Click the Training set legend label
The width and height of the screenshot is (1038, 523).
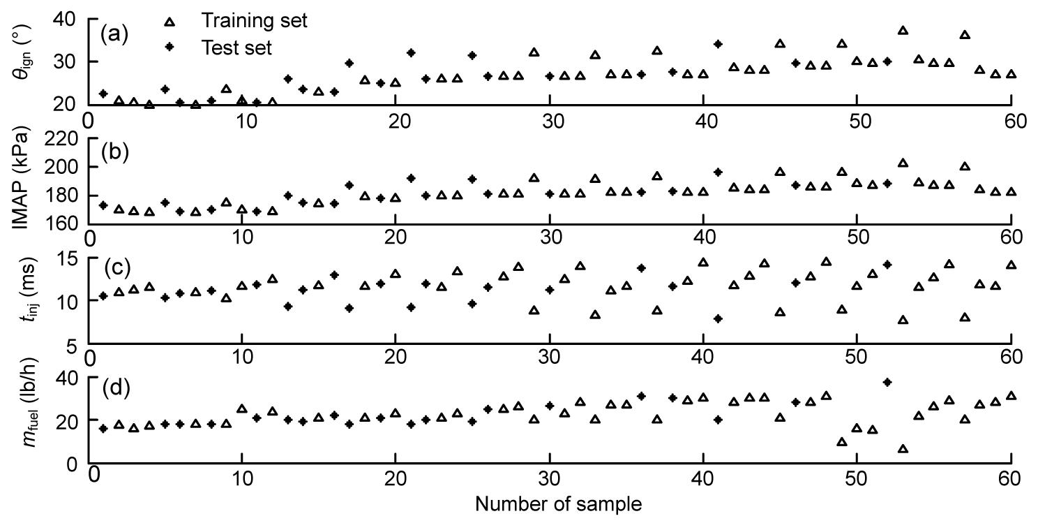(254, 21)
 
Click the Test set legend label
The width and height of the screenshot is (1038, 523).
(235, 47)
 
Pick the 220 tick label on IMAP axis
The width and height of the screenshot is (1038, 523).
(63, 139)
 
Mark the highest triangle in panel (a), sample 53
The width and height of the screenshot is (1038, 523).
(903, 31)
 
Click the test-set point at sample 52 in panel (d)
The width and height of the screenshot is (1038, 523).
(887, 382)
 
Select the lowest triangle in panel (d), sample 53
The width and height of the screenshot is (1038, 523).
(903, 448)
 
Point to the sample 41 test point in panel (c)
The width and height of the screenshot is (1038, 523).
(718, 318)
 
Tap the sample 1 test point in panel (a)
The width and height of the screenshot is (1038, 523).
(103, 94)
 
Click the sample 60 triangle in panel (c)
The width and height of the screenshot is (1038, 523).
(1011, 265)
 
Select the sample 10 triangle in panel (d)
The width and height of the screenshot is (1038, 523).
(242, 408)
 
